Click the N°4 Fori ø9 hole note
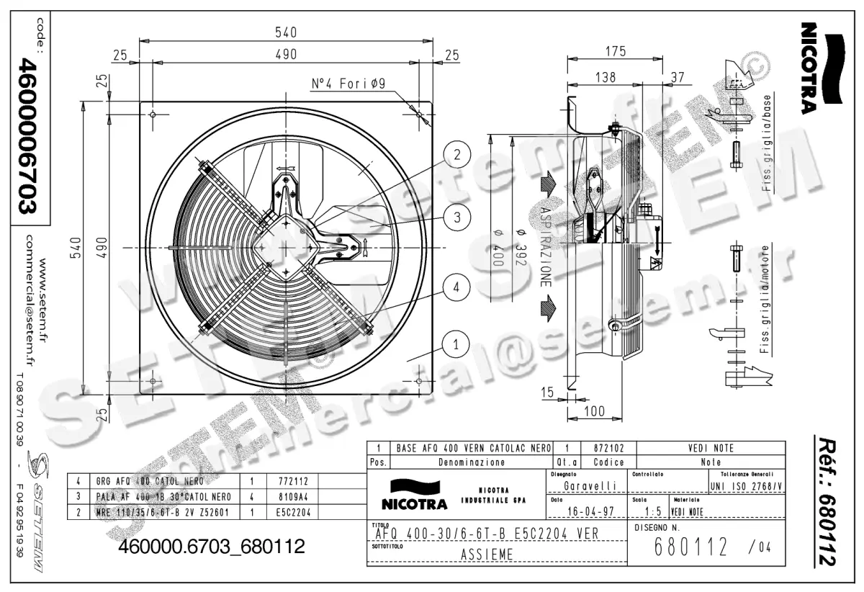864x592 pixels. (x=348, y=84)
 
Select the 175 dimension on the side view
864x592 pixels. (x=615, y=51)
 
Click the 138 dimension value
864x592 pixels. (x=606, y=78)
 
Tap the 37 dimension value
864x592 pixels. (x=677, y=78)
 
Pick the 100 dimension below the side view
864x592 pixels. (x=593, y=411)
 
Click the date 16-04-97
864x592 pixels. (x=585, y=513)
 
